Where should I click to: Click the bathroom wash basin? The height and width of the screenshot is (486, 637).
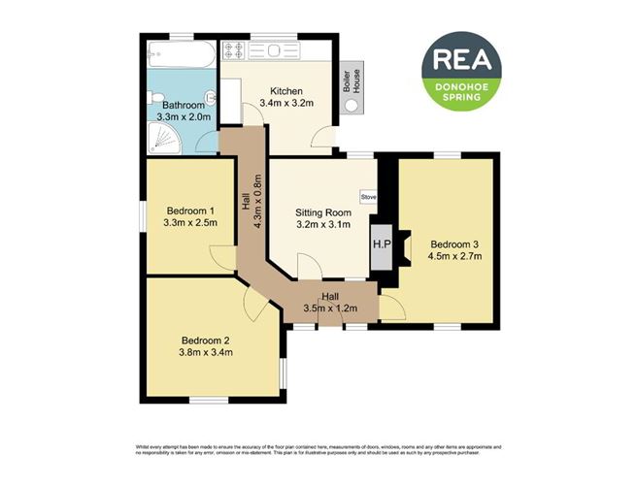click(x=206, y=140)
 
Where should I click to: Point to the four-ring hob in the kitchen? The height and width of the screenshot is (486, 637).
click(x=235, y=50)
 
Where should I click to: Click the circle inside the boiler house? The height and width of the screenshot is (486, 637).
click(x=351, y=108)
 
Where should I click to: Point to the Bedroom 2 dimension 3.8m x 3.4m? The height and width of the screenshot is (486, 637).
click(x=205, y=352)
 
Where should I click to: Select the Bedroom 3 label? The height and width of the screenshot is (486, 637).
click(x=455, y=243)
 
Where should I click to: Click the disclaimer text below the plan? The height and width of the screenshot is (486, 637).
click(x=318, y=451)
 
